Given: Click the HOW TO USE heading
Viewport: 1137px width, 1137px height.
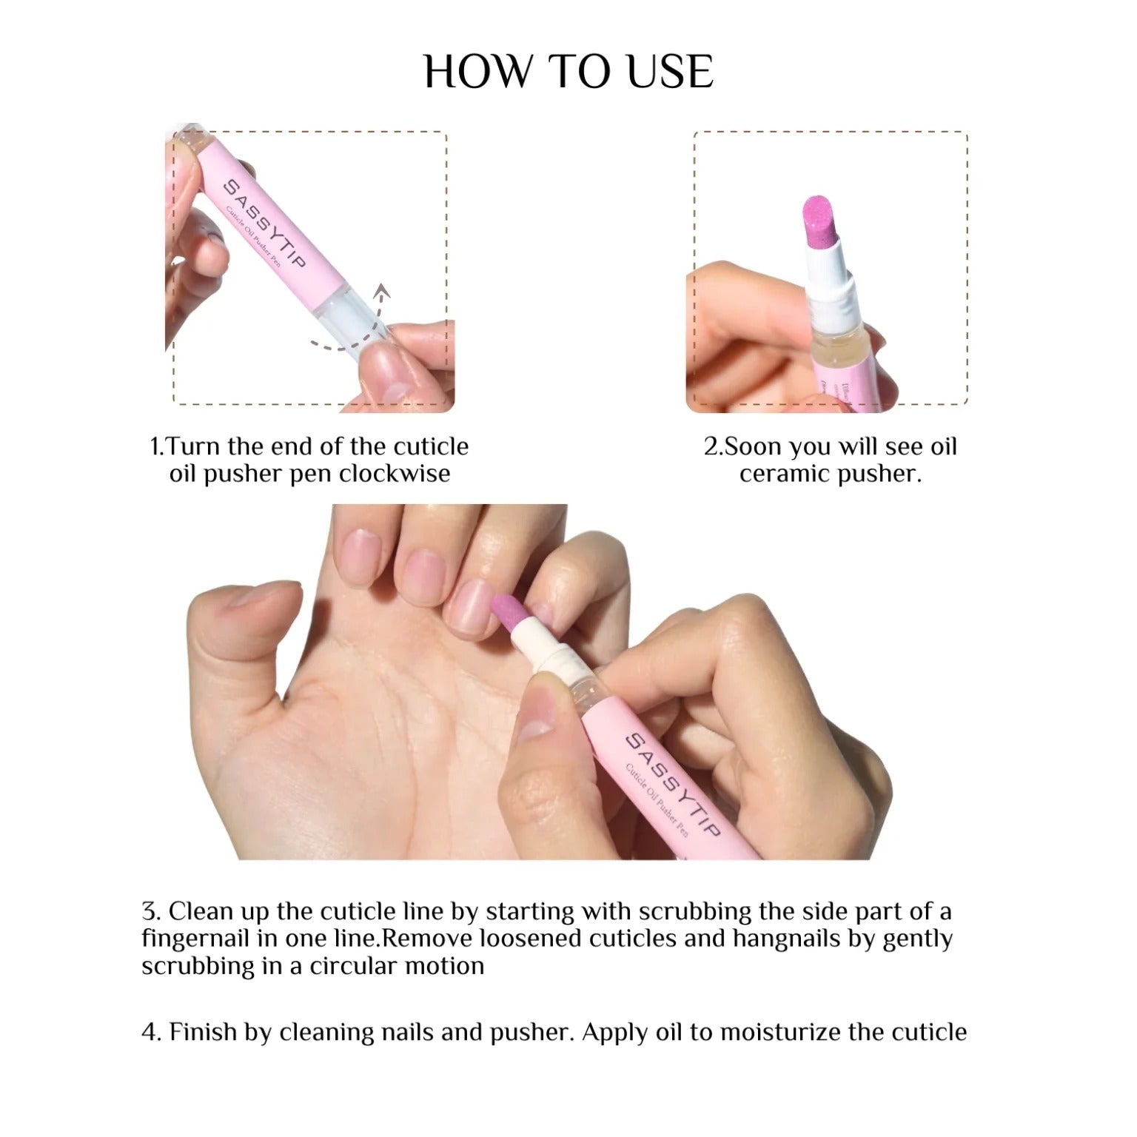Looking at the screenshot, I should point(568,72).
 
